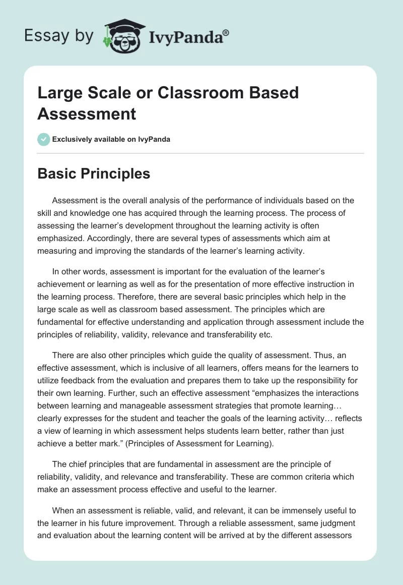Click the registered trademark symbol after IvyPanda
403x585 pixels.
pos(226,32)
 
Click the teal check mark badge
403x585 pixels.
pos(44,139)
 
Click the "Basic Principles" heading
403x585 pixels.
pos(94,173)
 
